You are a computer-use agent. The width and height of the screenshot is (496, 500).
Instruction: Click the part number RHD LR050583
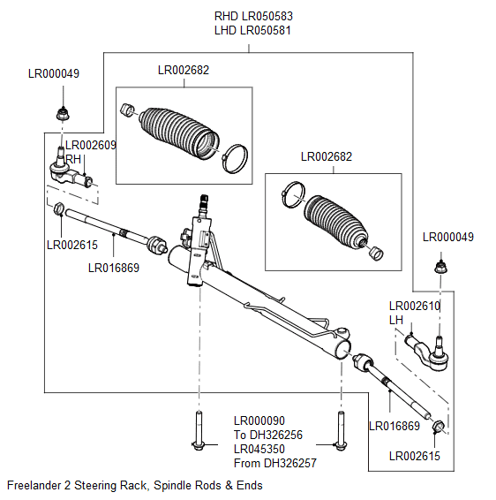[253, 16]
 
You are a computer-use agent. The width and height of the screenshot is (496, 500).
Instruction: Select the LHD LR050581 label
[253, 30]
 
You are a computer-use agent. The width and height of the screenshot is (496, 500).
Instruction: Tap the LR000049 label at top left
[53, 74]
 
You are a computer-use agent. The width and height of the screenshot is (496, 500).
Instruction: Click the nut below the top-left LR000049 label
[62, 113]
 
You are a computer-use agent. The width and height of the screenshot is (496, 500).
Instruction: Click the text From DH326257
[274, 463]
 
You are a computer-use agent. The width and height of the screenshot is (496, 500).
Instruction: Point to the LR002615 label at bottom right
[414, 457]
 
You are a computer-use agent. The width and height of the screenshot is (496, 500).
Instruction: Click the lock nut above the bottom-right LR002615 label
[439, 428]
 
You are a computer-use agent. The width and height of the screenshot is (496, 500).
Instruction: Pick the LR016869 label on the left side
[114, 268]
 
